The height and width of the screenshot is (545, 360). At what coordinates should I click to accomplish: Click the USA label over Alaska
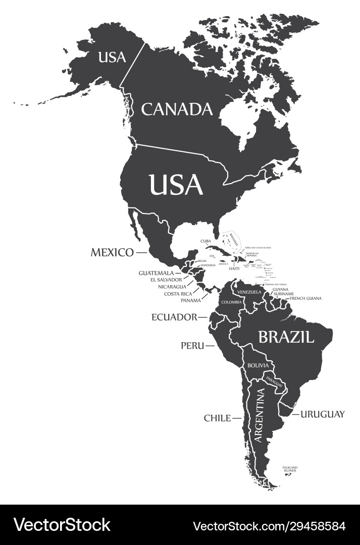(x=112, y=58)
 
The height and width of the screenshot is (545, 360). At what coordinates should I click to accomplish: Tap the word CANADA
(x=177, y=109)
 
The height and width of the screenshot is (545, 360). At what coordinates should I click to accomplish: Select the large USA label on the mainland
(x=176, y=185)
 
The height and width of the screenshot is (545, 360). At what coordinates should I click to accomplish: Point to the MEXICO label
(x=112, y=252)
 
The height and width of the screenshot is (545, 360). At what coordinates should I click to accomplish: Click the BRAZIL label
(x=286, y=337)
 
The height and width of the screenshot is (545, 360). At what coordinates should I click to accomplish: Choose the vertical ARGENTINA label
(x=259, y=415)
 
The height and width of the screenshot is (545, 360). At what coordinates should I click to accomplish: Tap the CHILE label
(x=217, y=418)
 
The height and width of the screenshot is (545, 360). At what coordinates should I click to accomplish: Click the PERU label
(x=192, y=346)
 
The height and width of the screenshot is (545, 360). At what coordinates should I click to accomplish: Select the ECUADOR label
(x=174, y=317)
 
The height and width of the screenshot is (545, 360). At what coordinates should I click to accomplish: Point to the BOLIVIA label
(x=258, y=365)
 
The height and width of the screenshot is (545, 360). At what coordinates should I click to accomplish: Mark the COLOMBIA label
(x=232, y=302)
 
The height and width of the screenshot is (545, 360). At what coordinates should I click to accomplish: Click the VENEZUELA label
(x=249, y=292)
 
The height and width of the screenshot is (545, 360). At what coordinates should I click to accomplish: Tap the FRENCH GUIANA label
(x=305, y=298)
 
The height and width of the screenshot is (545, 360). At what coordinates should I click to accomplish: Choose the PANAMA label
(x=191, y=300)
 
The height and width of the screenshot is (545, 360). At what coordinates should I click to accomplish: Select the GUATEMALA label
(x=157, y=273)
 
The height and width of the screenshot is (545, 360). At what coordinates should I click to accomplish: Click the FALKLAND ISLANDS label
(x=290, y=469)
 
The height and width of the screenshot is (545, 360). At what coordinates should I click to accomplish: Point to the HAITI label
(x=234, y=268)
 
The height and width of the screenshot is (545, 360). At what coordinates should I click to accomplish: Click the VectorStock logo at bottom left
(x=62, y=525)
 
